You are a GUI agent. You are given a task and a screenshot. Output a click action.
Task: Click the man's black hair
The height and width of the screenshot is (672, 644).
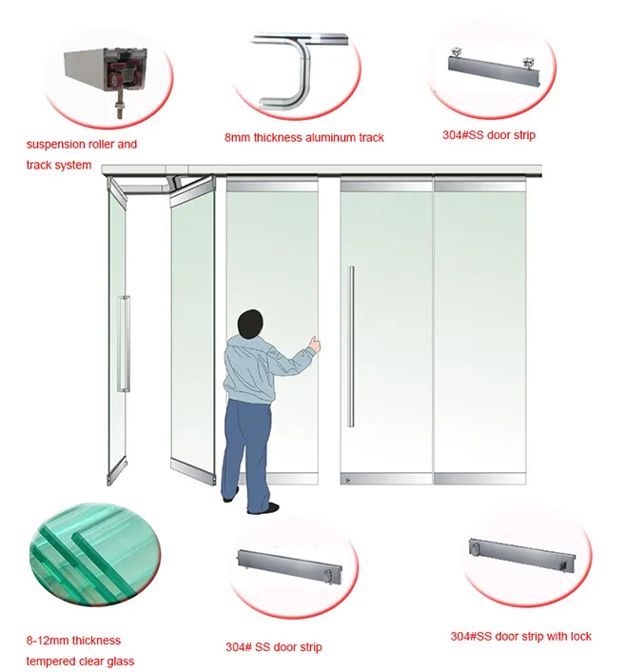[x=250, y=323]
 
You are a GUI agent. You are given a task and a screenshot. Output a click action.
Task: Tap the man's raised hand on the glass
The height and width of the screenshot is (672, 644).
[x=315, y=344]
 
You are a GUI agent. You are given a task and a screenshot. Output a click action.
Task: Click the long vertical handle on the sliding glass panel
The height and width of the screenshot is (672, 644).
[x=352, y=346]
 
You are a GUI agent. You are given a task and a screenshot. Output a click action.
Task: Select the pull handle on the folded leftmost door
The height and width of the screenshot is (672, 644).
[x=124, y=344]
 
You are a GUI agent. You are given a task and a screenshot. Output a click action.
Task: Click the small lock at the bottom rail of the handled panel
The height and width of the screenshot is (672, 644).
[x=348, y=481]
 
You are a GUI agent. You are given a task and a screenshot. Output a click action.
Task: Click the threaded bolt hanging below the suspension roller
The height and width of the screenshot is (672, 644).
[x=119, y=108]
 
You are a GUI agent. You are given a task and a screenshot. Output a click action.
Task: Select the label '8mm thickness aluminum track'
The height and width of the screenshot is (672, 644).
[x=304, y=138]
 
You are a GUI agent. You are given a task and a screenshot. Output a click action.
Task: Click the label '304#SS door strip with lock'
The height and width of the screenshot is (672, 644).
[x=520, y=637]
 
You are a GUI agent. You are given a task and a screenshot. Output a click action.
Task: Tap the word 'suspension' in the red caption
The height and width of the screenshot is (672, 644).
[x=56, y=145]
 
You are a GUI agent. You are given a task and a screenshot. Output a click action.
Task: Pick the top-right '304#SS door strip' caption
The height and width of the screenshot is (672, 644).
[x=489, y=135]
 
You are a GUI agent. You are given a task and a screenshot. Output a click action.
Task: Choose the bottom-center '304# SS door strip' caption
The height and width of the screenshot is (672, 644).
[x=274, y=647]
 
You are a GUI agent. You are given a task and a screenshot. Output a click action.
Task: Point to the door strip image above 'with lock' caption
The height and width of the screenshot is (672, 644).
[x=522, y=555]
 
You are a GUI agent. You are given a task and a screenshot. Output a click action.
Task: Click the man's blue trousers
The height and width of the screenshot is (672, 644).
[x=246, y=455]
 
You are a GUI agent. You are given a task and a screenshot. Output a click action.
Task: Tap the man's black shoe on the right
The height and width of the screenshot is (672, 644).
[x=264, y=509]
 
